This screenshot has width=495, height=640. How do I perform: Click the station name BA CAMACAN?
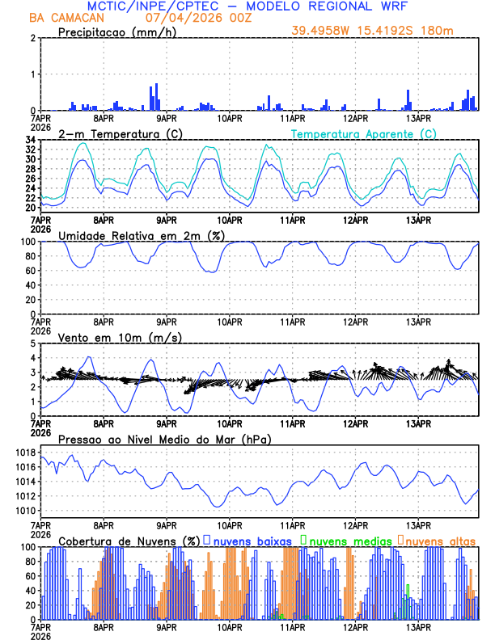click(61, 18)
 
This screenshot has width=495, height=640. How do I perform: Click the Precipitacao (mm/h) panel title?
click(113, 32)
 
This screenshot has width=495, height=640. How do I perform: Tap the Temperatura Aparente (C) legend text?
click(364, 133)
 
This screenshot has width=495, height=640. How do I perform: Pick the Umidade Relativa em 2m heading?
click(142, 235)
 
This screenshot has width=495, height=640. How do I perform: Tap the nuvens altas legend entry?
click(441, 541)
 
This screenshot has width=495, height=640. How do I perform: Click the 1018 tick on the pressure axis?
click(23, 452)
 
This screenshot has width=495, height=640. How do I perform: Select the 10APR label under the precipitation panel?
click(230, 118)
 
